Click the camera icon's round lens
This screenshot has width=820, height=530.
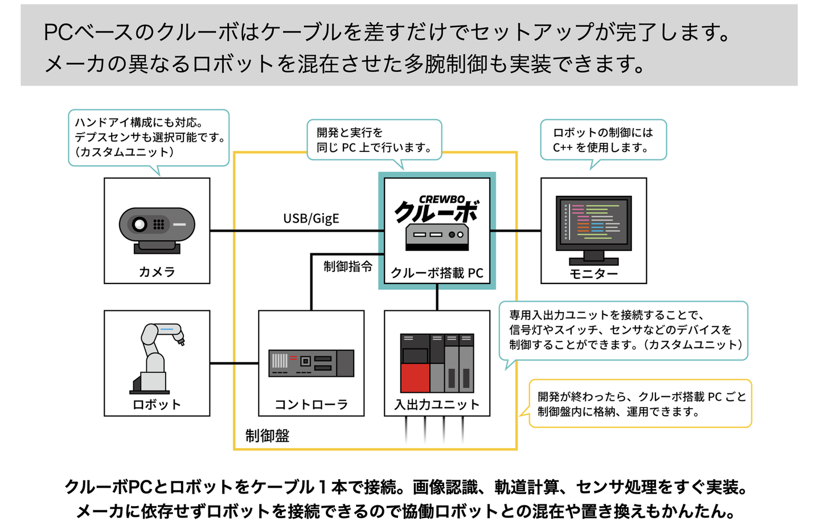140,224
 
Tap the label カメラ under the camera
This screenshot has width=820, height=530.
157,272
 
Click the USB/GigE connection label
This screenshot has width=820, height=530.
311,219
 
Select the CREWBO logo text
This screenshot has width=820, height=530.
442,199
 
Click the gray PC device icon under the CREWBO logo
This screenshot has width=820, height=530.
437,237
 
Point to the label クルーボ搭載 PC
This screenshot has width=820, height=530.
437,273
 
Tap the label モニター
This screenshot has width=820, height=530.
593,273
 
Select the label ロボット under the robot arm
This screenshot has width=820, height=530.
157,404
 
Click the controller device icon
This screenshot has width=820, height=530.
311,363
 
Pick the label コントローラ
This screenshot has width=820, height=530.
311,404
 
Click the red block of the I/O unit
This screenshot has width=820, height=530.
415,378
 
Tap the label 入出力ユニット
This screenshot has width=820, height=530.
437,404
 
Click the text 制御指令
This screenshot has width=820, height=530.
348,267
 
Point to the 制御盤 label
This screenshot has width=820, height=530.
267,436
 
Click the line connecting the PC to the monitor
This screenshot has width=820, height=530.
515,231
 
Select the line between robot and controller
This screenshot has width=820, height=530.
234,363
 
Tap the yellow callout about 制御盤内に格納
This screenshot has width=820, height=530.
641,404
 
